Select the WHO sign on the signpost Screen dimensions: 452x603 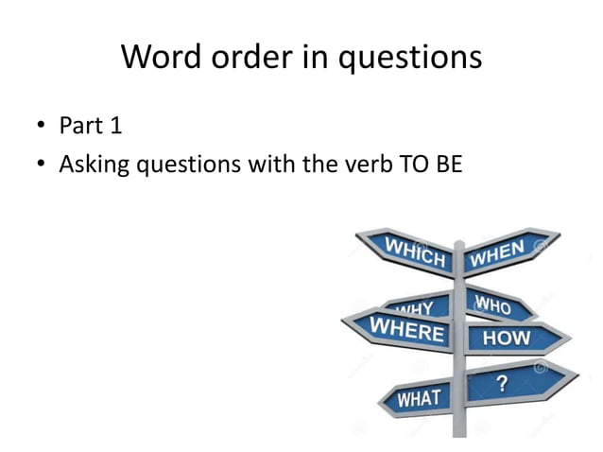click(496, 304)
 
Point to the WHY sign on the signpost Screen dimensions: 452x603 click(416, 306)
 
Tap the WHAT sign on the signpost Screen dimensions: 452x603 click(416, 398)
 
